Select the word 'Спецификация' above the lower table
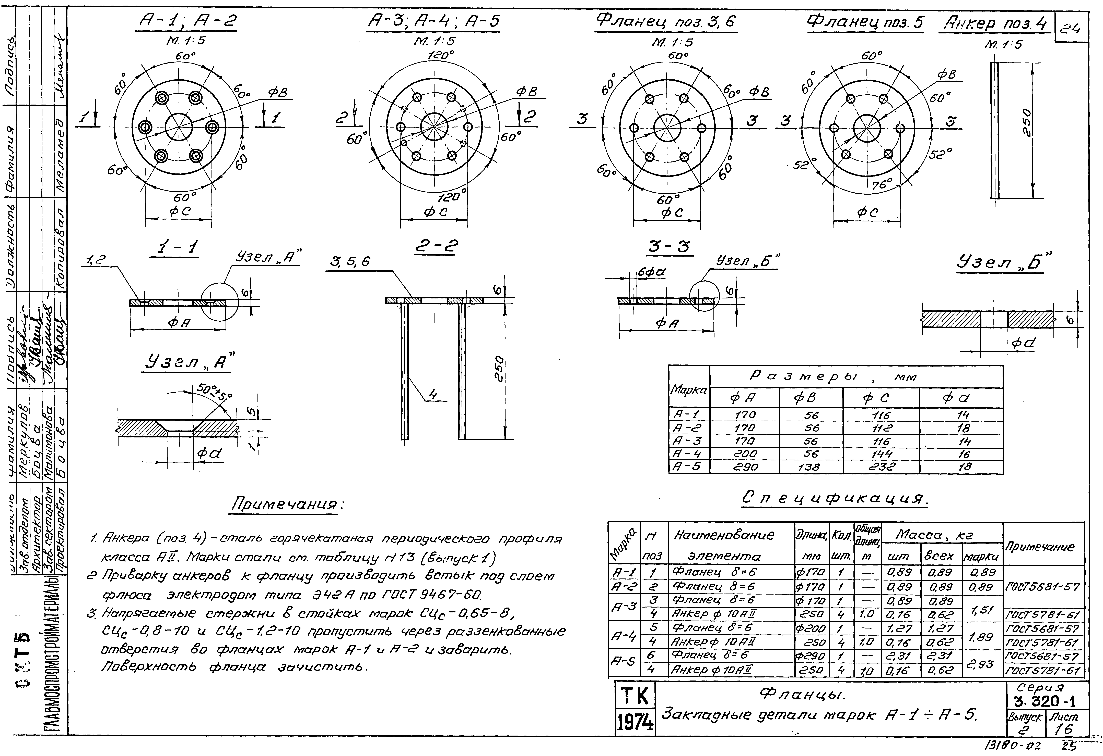click(x=834, y=498)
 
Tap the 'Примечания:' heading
click(x=288, y=504)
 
